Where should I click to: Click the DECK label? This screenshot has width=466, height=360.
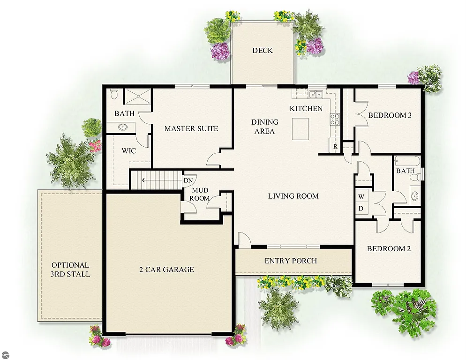click(x=262, y=51)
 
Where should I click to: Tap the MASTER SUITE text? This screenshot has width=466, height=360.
click(x=191, y=128)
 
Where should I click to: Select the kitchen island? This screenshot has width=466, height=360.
click(x=301, y=129)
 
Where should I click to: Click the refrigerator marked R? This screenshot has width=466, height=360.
click(x=335, y=146)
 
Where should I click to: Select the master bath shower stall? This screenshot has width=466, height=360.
click(x=138, y=97)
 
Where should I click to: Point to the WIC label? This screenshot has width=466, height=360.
click(x=128, y=151)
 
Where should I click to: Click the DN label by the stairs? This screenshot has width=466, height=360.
click(x=188, y=180)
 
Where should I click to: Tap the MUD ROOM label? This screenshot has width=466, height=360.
click(x=200, y=195)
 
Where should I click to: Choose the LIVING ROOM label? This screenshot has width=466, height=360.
click(x=293, y=196)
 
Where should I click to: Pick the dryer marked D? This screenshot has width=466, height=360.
click(x=361, y=208)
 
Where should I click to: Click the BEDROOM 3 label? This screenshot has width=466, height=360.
click(x=390, y=115)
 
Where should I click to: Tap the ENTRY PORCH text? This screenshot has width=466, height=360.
click(x=291, y=261)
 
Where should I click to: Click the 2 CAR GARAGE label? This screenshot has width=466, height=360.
click(x=166, y=270)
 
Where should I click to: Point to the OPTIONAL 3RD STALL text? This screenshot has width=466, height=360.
click(x=70, y=270)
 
